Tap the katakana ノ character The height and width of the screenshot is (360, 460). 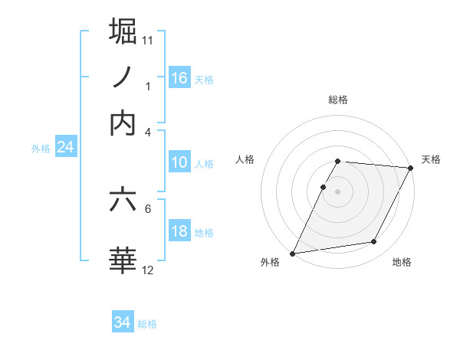click(x=123, y=77)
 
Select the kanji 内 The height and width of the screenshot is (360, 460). click(x=123, y=123)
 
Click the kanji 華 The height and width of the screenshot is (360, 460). click(x=123, y=260)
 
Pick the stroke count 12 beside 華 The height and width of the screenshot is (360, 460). click(x=148, y=270)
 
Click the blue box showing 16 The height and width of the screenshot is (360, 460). click(x=179, y=77)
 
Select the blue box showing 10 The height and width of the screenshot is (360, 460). click(x=179, y=162)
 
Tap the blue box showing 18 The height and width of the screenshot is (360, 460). click(x=179, y=232)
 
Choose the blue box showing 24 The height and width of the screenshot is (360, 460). click(x=65, y=147)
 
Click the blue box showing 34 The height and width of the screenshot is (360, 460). click(x=123, y=322)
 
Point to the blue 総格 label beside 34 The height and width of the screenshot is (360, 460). click(x=147, y=324)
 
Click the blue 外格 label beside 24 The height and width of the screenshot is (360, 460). click(x=40, y=149)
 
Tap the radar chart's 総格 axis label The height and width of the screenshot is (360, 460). click(x=338, y=100)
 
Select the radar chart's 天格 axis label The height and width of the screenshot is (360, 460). click(x=431, y=159)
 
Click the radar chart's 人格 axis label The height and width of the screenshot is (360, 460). click(x=245, y=159)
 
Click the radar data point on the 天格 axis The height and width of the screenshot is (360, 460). click(x=412, y=168)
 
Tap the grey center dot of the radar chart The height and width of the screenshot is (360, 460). click(x=338, y=191)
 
